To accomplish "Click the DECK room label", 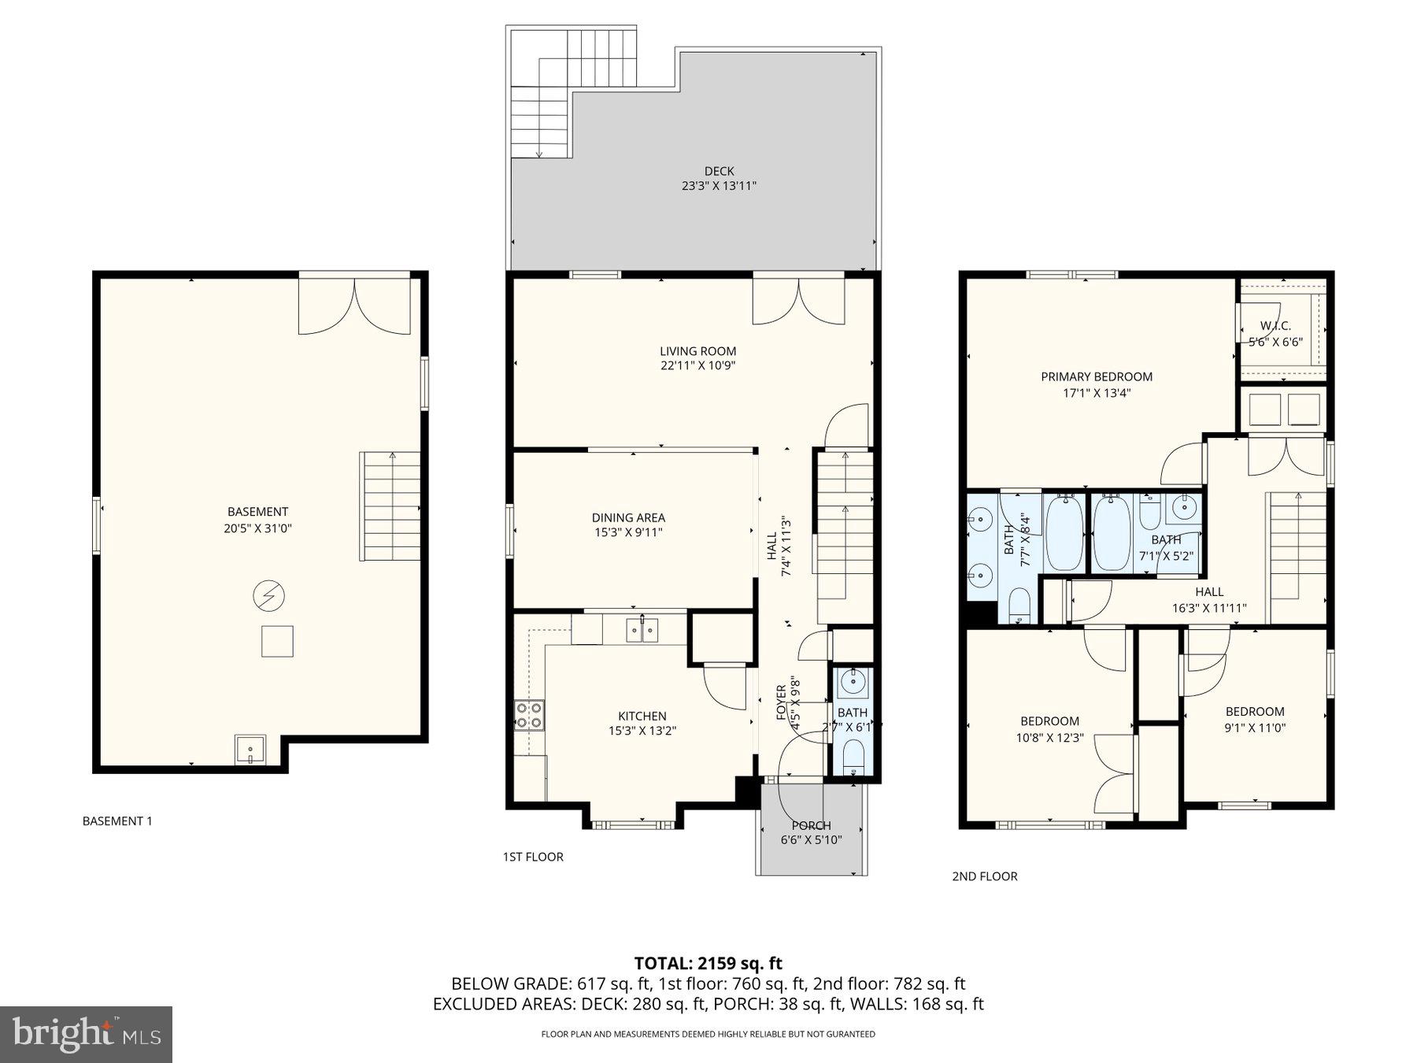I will [719, 171].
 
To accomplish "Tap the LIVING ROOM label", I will [697, 351].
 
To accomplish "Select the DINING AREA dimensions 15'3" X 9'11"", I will [628, 533].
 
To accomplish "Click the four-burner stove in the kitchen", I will [529, 715].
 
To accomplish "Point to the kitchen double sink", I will [642, 629].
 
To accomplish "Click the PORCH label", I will [811, 825].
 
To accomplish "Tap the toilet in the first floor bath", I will [853, 757].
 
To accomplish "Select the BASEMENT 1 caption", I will [117, 821].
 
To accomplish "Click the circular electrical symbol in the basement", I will [268, 596].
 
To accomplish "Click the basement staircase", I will [390, 506].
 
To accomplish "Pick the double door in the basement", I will [354, 306].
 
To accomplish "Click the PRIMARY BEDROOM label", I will [1097, 377].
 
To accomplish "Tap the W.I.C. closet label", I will [1275, 326].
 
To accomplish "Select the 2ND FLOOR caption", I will [984, 876].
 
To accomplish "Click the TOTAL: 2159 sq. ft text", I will [708, 963].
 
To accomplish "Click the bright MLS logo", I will [86, 1034].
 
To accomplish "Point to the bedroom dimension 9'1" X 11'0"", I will [1254, 728].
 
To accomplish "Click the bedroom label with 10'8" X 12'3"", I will [1049, 721].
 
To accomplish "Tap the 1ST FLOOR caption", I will [533, 857].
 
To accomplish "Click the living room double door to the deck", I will [798, 302].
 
